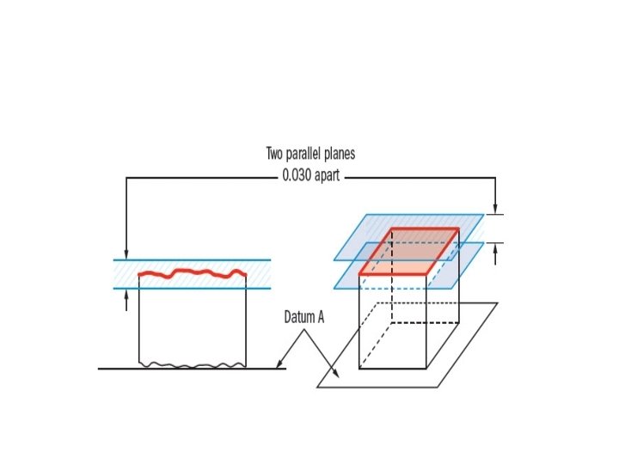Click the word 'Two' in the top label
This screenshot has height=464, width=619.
click(276, 155)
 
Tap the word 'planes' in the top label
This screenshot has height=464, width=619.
click(342, 155)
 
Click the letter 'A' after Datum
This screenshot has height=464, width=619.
click(321, 318)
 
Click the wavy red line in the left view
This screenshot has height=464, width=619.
click(193, 273)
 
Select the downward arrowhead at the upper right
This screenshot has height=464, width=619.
click(495, 208)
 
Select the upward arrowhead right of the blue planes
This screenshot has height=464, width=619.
click(495, 248)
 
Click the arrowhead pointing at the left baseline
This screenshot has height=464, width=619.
click(279, 366)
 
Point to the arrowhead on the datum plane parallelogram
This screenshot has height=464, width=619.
click(338, 375)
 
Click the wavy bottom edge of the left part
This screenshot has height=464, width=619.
click(193, 365)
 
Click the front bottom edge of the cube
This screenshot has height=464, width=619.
click(392, 369)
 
